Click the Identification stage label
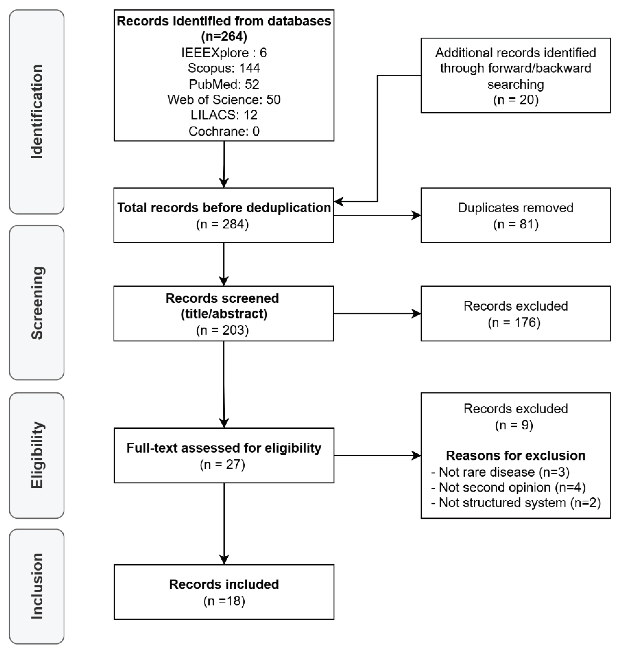37,111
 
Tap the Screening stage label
37,303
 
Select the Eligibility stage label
37,455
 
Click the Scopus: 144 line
224,68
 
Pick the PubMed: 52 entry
224,84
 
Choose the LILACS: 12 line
224,115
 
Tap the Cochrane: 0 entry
224,131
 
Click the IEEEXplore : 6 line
224,52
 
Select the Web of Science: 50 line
224,100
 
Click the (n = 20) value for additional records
516,100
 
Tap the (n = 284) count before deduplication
222,224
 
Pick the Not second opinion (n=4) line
508,487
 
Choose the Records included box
224,592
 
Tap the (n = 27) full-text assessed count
222,464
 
